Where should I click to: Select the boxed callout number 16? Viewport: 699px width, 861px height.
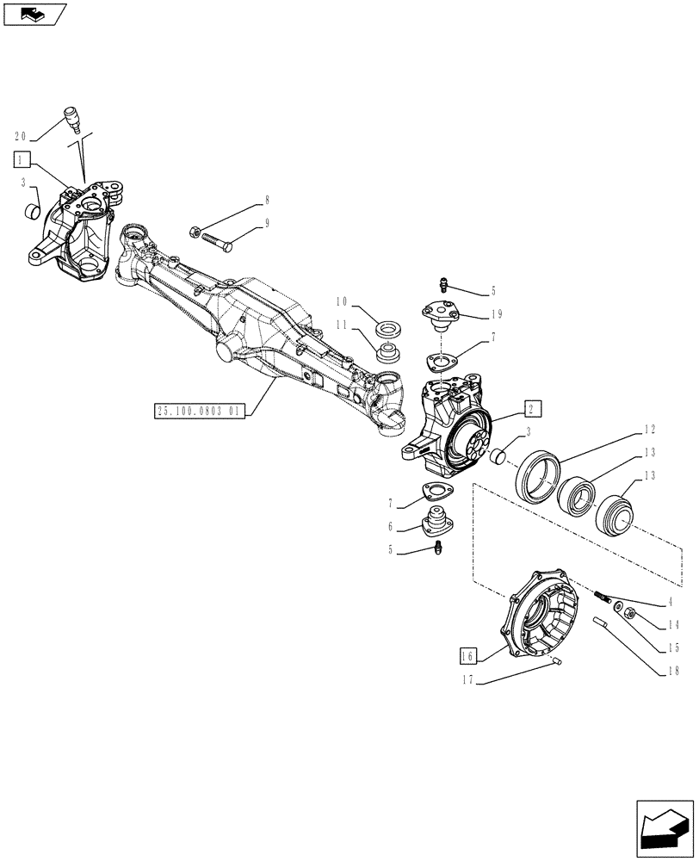pyautogui.click(x=467, y=655)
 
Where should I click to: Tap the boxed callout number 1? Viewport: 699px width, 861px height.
pyautogui.click(x=22, y=158)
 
